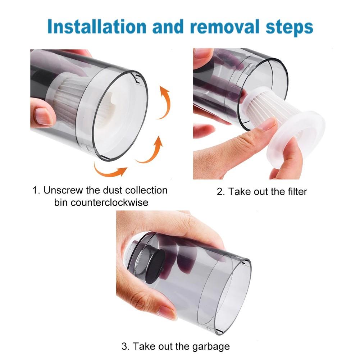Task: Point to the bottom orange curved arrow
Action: click(110, 169)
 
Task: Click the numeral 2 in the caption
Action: click(220, 191)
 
